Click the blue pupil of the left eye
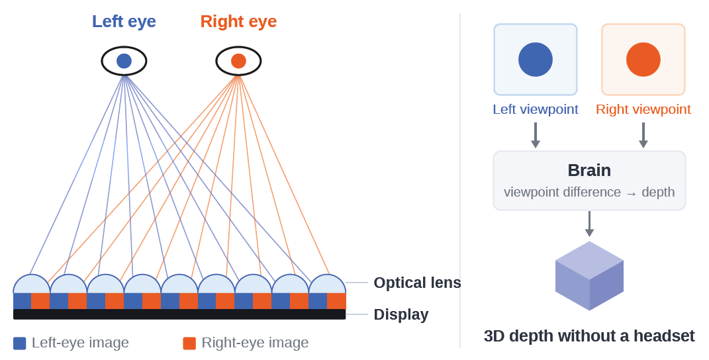pos(124,61)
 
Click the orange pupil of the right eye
pos(238,61)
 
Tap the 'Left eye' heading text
pos(124,21)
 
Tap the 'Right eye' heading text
pos(238,21)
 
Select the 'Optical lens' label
pos(417,283)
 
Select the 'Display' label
pos(401,314)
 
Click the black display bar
pos(179,314)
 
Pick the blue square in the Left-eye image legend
pos(19,343)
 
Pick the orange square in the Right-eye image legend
pos(189,343)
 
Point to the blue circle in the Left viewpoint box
pos(536,60)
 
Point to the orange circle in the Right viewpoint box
pos(643,60)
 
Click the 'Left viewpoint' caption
pos(536,109)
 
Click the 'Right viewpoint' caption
pos(643,109)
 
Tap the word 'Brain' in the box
pos(589,171)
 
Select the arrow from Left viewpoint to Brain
pos(536,135)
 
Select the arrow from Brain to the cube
pos(589,224)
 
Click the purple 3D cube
pos(589,276)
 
